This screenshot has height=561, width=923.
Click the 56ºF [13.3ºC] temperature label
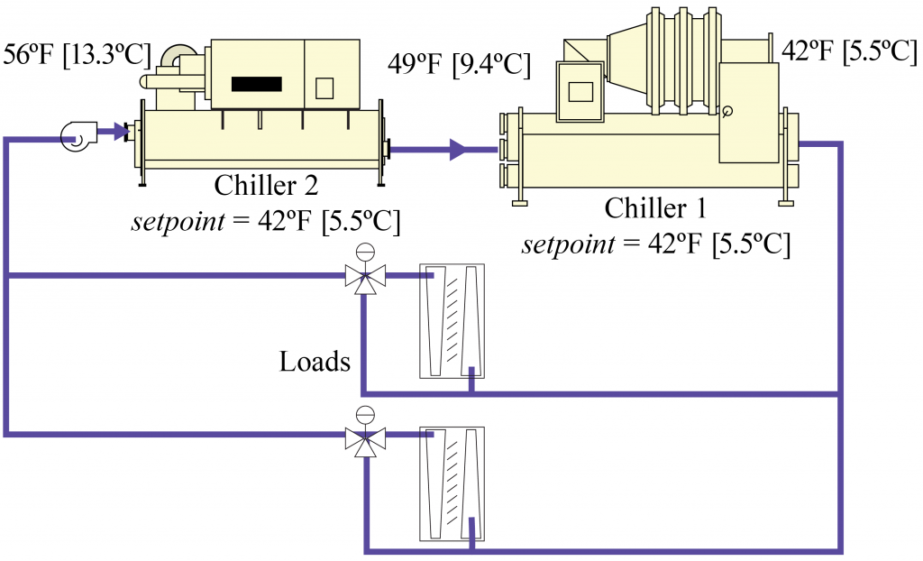tap(77, 55)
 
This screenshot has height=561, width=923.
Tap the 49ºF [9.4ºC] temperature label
tap(459, 64)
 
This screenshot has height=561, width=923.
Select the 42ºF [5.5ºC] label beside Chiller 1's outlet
tap(849, 51)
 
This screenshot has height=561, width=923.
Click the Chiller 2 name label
tap(266, 185)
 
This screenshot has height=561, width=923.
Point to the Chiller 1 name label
tap(655, 208)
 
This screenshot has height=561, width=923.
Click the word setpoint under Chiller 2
tap(178, 222)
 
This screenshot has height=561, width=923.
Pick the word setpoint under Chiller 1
tap(568, 244)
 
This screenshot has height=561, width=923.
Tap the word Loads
tap(315, 362)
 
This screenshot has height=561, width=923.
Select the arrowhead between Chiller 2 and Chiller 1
tap(459, 150)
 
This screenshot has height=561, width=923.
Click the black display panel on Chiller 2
tap(257, 84)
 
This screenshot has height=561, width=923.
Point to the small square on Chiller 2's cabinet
tap(324, 88)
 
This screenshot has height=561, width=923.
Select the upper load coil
tap(452, 320)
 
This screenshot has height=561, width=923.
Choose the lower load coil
tap(452, 483)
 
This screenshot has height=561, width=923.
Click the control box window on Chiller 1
tap(581, 92)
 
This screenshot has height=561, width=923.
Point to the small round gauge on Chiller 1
tap(727, 111)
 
